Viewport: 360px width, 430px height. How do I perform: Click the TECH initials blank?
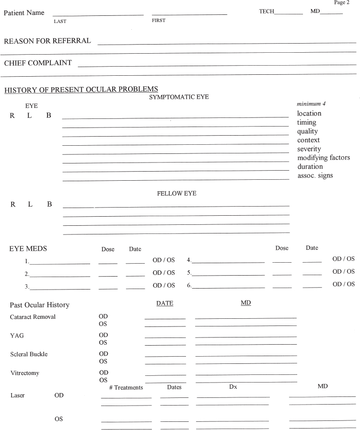coord(289,13)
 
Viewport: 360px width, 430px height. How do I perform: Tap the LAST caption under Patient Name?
coord(60,21)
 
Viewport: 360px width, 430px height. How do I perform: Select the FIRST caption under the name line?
coord(159,21)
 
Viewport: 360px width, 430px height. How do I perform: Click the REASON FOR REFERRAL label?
coord(47,41)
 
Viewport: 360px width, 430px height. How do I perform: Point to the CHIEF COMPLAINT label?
coord(38,63)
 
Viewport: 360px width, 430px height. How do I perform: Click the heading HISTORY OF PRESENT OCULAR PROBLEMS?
coord(81,89)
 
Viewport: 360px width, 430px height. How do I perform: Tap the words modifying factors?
coord(324,158)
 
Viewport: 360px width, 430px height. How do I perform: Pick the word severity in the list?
coord(310,149)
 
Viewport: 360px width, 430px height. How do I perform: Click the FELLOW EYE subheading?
coord(176,194)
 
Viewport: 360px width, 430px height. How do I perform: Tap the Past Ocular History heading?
coord(39,305)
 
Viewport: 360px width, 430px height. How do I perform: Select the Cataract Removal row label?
coord(33,317)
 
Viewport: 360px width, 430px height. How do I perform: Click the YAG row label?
coord(17,336)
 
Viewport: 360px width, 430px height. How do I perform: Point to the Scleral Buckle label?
coord(29,354)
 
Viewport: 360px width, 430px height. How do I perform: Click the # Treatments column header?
coord(126,387)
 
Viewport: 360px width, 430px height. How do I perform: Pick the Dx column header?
coord(233,387)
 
